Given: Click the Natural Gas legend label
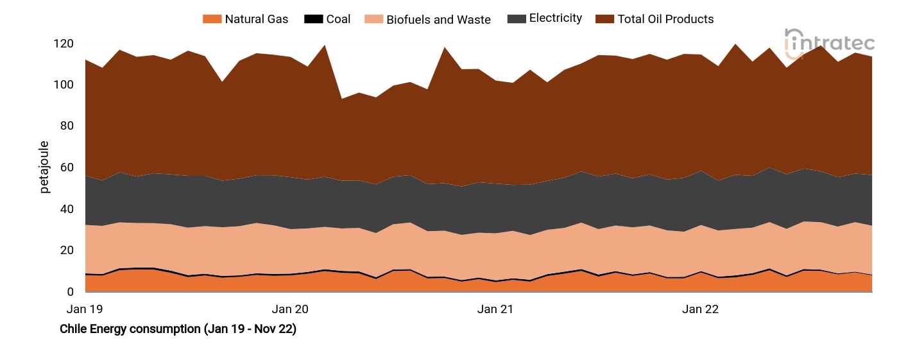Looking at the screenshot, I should (256, 19).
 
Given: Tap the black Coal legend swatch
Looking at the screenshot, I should (313, 19).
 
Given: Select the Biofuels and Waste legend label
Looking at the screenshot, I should (438, 19).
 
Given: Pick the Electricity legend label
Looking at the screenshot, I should (555, 19).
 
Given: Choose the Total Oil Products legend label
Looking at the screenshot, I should (665, 19).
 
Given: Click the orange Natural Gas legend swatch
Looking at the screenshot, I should (211, 19).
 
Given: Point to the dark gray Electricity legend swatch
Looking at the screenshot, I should (516, 19).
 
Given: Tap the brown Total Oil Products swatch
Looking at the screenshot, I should (604, 19).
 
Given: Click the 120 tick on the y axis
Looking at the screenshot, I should (64, 44).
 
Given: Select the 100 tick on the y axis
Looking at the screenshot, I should (64, 85).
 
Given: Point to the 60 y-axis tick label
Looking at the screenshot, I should (67, 168).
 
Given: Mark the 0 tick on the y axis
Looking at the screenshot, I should (70, 292).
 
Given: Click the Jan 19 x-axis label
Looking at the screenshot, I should (85, 309).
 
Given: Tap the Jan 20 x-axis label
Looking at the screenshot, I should (291, 309).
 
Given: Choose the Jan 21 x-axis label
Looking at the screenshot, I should (495, 309).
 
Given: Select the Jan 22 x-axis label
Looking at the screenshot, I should (700, 309).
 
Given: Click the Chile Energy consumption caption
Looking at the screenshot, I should (178, 329).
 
